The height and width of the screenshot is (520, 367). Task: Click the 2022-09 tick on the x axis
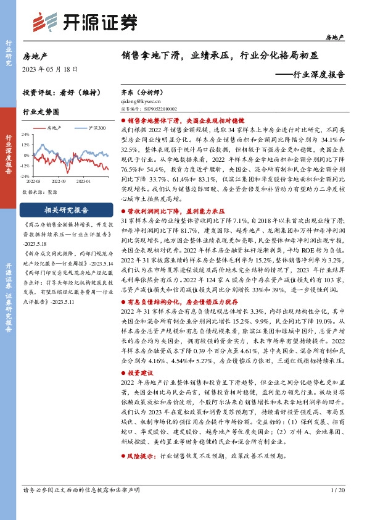tap(59, 182)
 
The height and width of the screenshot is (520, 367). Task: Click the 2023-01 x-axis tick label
tap(83, 182)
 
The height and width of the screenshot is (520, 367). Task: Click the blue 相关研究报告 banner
tap(67, 209)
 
